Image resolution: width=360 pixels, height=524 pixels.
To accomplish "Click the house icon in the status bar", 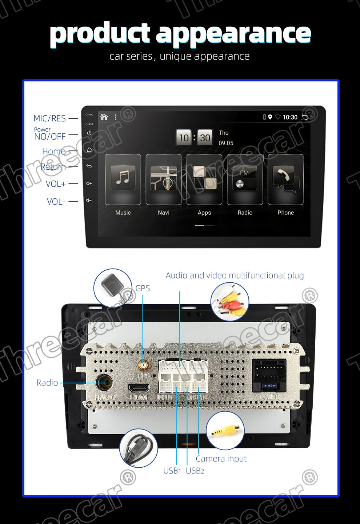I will click(104, 117).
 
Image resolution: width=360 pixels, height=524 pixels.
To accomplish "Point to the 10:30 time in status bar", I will click(290, 117).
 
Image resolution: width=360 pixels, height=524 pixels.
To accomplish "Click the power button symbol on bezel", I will click(89, 133).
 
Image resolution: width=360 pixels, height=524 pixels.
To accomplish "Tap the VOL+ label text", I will click(56, 184).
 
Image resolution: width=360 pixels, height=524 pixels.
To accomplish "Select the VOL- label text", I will click(56, 202).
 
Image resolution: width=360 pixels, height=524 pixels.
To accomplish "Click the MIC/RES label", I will click(49, 118).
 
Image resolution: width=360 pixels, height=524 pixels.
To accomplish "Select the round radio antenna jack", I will click(104, 383).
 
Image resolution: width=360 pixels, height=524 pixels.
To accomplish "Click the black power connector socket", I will click(269, 375).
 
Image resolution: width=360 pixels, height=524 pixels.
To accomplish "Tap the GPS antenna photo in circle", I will click(113, 288).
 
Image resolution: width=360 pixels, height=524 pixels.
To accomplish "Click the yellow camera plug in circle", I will click(225, 430).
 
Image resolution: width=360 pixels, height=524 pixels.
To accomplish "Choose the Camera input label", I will click(221, 459).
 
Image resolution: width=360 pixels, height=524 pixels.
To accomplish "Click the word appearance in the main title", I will click(233, 33).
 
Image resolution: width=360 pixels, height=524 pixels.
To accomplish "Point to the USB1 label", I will click(172, 471).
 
